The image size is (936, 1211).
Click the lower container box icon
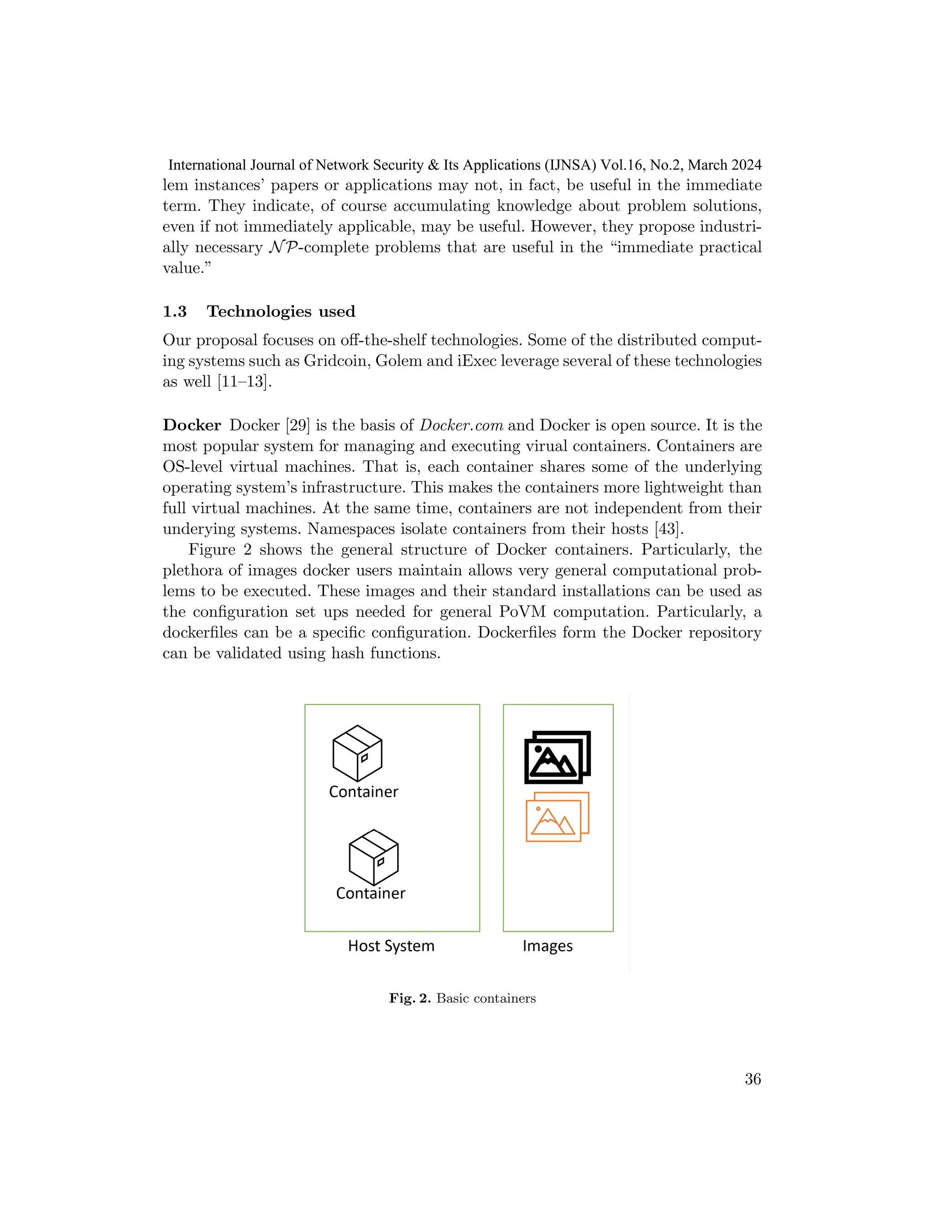point(373,857)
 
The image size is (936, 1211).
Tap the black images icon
point(557,757)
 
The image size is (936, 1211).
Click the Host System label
point(391,946)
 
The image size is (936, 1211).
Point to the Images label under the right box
point(547,946)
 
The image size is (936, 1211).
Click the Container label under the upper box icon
point(363,792)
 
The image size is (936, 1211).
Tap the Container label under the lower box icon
point(370,893)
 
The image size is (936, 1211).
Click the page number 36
point(752,1079)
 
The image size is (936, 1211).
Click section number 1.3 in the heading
point(175,312)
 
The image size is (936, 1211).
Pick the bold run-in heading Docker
point(192,425)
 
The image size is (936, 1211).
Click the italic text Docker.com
point(461,425)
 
